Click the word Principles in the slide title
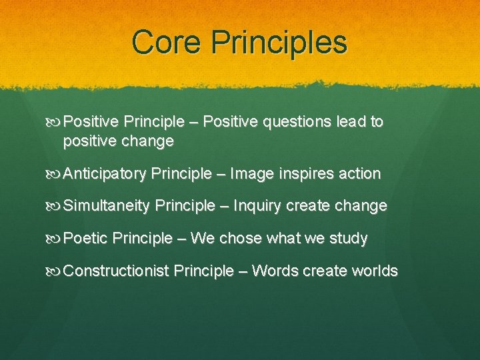[x=278, y=43]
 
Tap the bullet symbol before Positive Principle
[x=55, y=122]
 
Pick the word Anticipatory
[x=105, y=174]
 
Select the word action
[x=360, y=174]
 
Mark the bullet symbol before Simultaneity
[x=55, y=206]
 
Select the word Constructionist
[x=116, y=271]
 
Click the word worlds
[x=374, y=271]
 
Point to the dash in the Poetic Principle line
[x=181, y=239]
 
